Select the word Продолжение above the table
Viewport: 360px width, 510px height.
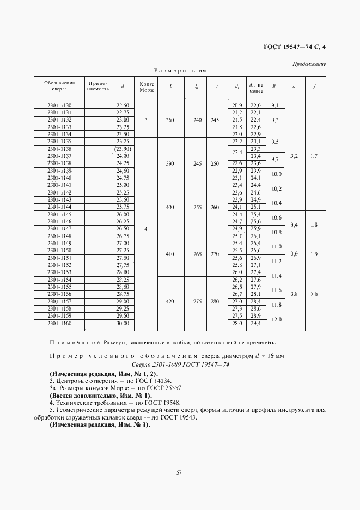[x=309, y=64]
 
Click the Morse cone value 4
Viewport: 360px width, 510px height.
[x=146, y=229]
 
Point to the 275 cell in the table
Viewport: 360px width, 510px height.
[x=196, y=301]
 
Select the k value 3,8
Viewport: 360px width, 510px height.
[x=294, y=294]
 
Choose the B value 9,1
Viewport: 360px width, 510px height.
[x=274, y=105]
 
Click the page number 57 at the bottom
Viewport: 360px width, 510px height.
[x=179, y=472]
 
